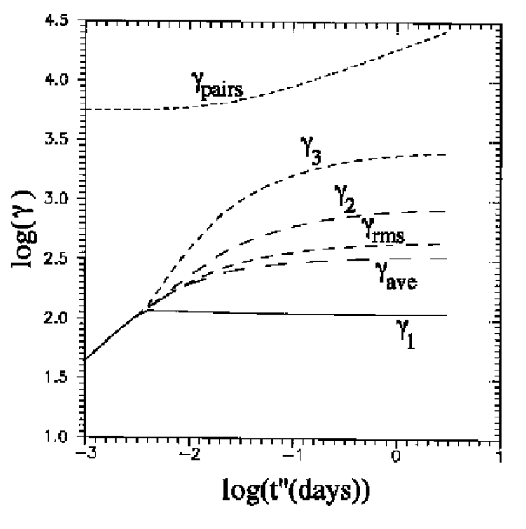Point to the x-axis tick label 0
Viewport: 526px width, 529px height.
(396, 456)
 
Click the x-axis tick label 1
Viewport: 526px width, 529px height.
(500, 456)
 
